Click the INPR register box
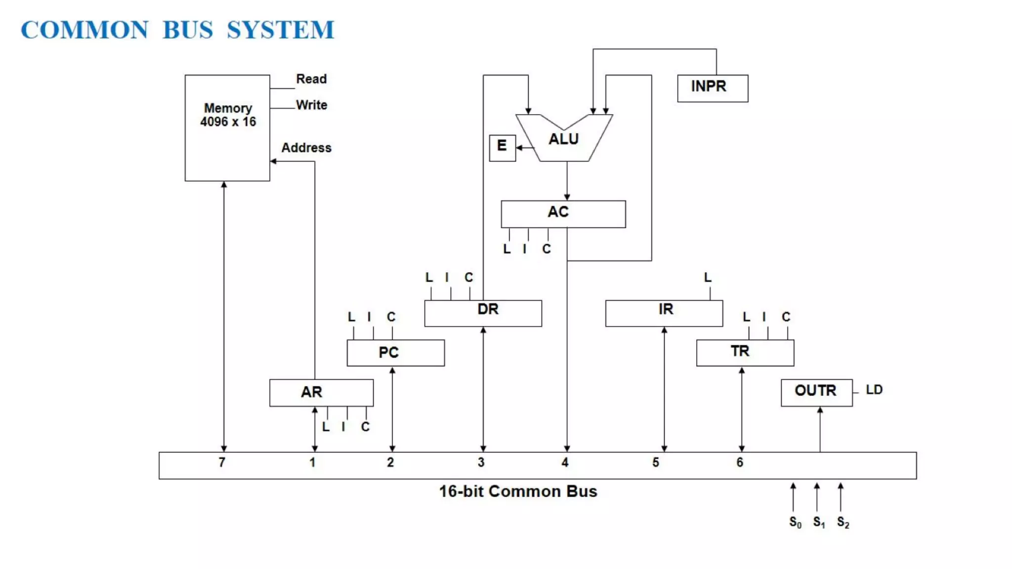(x=712, y=88)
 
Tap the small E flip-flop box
(x=502, y=147)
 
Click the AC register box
(x=563, y=213)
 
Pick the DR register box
(x=483, y=313)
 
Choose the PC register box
(x=395, y=353)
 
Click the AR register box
(x=321, y=393)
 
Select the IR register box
(x=664, y=313)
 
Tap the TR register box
(x=745, y=352)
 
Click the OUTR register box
(x=816, y=392)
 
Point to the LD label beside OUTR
(x=874, y=390)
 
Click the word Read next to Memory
(x=311, y=79)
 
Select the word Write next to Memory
(x=311, y=105)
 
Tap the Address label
(x=306, y=148)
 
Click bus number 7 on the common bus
(x=222, y=462)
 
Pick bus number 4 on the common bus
(x=565, y=462)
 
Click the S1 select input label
(x=818, y=522)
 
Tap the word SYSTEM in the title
(x=280, y=30)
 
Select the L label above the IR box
(x=708, y=278)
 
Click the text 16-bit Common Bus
(x=518, y=491)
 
